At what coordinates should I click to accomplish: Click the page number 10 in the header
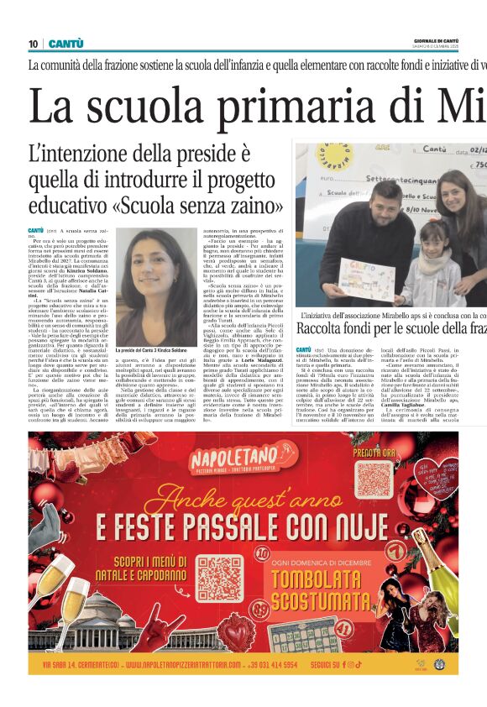click(x=33, y=44)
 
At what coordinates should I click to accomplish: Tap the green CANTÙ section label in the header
click(x=65, y=44)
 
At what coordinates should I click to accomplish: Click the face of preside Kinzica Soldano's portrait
click(x=153, y=264)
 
